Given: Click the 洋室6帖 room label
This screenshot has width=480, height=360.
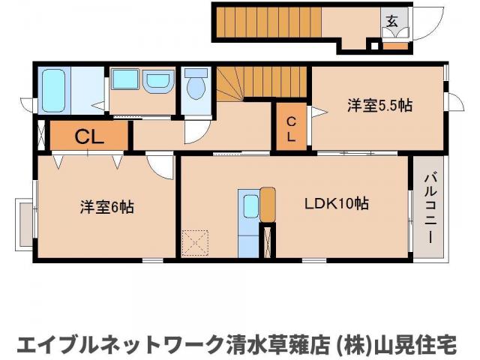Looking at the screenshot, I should click(106, 207).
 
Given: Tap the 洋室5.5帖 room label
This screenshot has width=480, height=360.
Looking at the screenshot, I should click(379, 106).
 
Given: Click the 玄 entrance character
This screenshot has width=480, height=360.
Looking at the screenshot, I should click(391, 21).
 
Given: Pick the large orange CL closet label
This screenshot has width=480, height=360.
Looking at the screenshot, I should click(88, 136).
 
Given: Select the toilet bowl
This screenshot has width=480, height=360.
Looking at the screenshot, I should click(196, 87).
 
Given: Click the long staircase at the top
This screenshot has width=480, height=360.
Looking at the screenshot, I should click(267, 22).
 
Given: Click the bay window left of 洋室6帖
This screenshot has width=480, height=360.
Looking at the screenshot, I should click(22, 223).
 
